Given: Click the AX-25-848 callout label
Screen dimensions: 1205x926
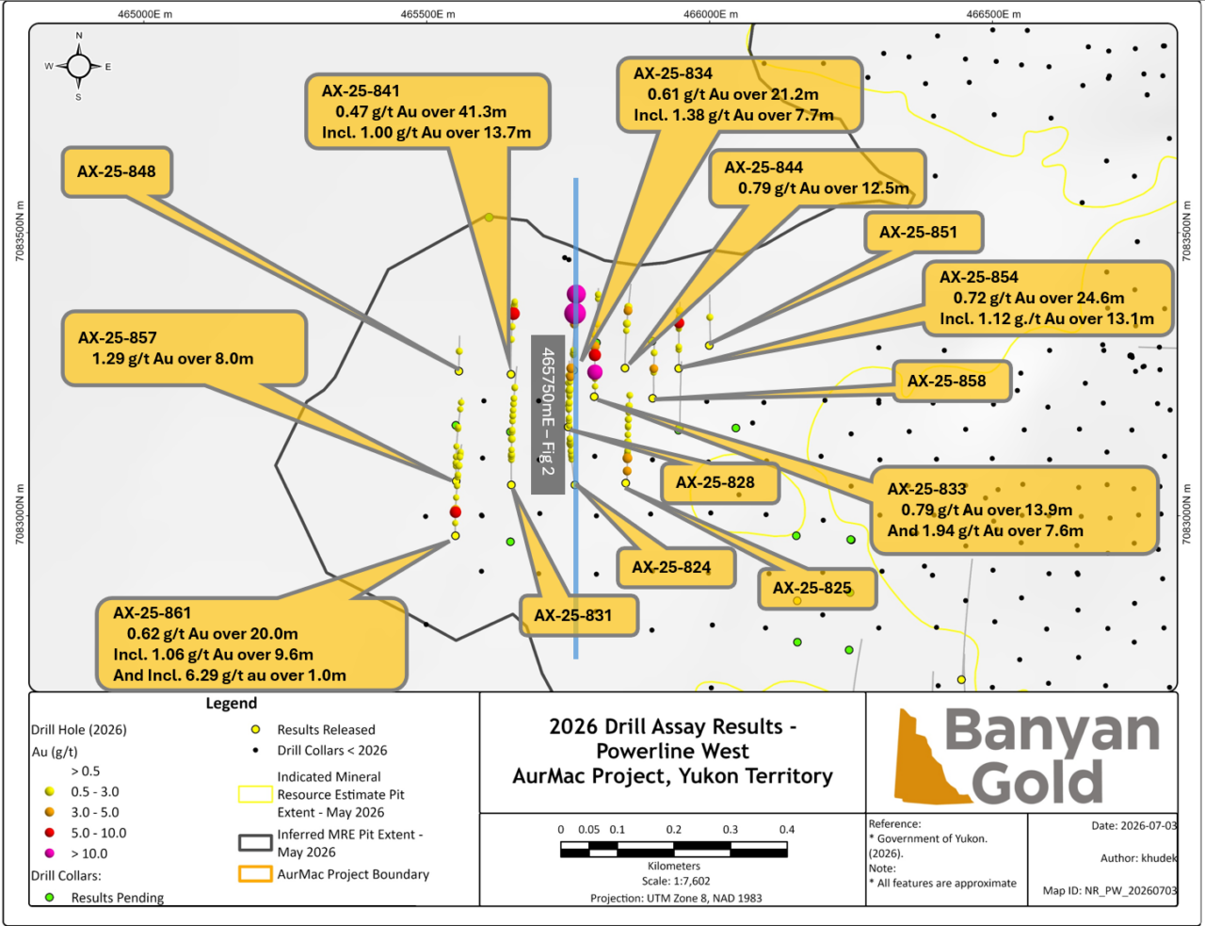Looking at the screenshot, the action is [117, 172].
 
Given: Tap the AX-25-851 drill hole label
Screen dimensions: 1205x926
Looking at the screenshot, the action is [924, 232].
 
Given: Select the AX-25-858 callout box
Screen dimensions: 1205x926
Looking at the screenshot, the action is [952, 382].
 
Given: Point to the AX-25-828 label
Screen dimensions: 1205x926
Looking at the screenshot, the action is [720, 482].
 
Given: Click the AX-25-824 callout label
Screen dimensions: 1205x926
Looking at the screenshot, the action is [676, 568].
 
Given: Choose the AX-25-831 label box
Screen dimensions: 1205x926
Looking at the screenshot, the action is [578, 615].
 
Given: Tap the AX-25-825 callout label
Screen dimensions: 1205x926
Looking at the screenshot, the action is [817, 588].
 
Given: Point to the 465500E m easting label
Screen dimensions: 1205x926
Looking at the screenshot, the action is [427, 14].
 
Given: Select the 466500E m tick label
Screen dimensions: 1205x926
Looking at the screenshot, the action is [993, 14].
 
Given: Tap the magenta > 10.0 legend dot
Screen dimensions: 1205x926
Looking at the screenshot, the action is [50, 853].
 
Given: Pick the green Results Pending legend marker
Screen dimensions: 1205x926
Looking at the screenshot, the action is [50, 897].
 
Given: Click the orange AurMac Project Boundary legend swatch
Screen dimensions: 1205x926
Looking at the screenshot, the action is [255, 874].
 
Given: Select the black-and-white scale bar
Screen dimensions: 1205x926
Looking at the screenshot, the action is [674, 849].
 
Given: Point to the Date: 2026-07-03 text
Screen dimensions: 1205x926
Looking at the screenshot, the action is [1133, 825].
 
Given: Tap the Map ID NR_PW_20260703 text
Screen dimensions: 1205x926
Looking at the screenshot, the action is [1109, 890].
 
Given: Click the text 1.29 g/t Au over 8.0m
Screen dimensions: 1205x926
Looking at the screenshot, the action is [172, 359].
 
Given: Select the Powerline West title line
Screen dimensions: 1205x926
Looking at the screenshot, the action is [672, 751].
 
